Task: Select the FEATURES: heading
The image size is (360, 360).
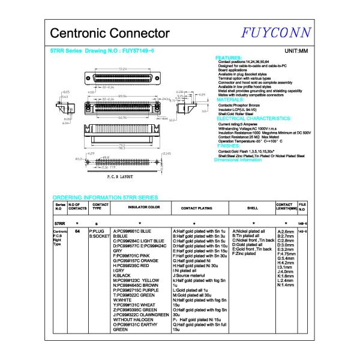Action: click(229, 58)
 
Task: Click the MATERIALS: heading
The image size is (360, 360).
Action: click(230, 100)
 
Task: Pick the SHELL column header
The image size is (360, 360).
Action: click(252, 207)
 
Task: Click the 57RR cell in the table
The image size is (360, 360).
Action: click(59, 223)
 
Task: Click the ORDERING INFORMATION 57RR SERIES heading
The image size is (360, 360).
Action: click(105, 197)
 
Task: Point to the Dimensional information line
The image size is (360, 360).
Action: click(238, 160)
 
